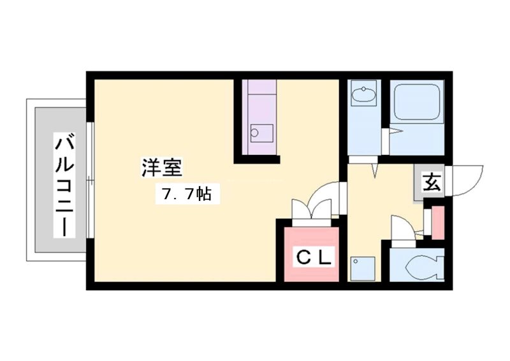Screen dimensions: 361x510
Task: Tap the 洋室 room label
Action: [162, 168]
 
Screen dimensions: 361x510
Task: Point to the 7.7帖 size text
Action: [186, 194]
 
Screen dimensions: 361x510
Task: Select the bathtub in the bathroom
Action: [417, 101]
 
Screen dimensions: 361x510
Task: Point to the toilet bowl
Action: [424, 267]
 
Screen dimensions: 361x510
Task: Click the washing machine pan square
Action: [364, 267]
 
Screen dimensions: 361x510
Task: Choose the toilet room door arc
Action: [402, 226]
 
